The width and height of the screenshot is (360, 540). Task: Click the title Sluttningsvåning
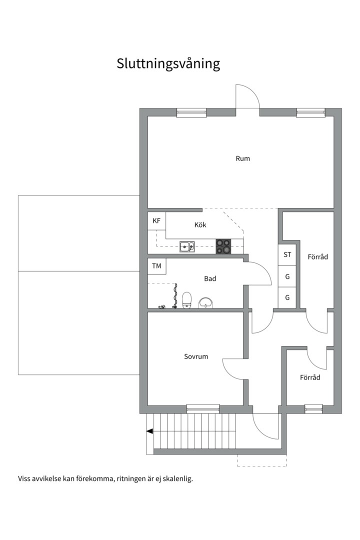pyautogui.click(x=168, y=64)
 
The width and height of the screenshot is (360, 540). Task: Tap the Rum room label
pyautogui.click(x=242, y=158)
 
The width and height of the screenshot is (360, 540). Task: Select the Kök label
pyautogui.click(x=200, y=225)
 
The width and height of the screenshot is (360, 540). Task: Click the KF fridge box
pyautogui.click(x=156, y=220)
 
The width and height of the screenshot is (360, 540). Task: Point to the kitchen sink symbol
pyautogui.click(x=187, y=246)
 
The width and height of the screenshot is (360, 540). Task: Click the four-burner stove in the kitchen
pyautogui.click(x=223, y=246)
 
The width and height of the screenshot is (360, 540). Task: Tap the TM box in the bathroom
pyautogui.click(x=156, y=266)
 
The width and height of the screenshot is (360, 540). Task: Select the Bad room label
pyautogui.click(x=210, y=278)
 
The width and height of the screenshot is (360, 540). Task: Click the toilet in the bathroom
pyautogui.click(x=187, y=300)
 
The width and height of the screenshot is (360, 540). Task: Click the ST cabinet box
pyautogui.click(x=287, y=254)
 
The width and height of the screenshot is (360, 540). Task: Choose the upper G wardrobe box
pyautogui.click(x=287, y=276)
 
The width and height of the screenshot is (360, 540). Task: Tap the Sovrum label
pyautogui.click(x=196, y=356)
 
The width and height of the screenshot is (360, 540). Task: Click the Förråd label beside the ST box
pyautogui.click(x=317, y=256)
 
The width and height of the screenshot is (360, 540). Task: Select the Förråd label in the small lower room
pyautogui.click(x=310, y=377)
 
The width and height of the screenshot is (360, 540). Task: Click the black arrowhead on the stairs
pyautogui.click(x=149, y=431)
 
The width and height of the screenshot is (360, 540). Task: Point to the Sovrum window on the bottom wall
pyautogui.click(x=203, y=408)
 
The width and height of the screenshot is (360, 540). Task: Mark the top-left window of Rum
pyautogui.click(x=191, y=112)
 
